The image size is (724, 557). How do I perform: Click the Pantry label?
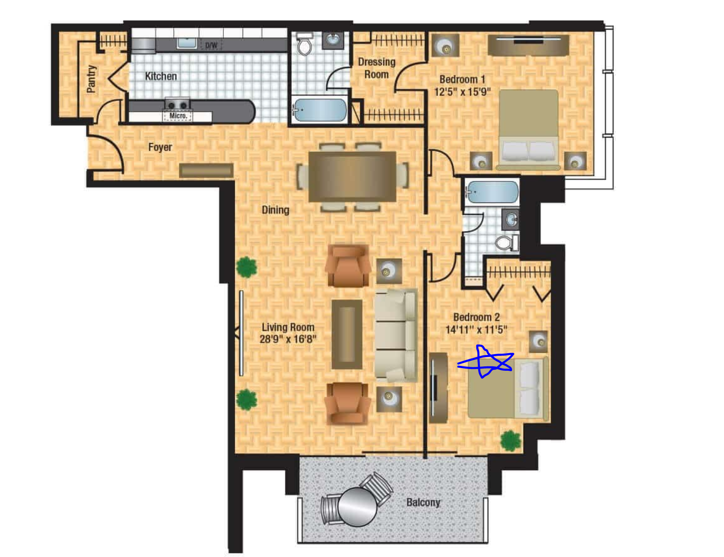91,79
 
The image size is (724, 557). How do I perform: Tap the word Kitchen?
160,76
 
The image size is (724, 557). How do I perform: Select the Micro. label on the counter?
178,116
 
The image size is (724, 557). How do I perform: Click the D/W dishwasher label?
211,45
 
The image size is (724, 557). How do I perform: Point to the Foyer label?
160,147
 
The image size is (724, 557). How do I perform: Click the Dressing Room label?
376,68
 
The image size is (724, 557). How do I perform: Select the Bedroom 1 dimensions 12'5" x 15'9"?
462,91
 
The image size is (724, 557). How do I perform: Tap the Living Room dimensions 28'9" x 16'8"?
287,339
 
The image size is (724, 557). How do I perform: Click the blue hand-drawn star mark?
485,361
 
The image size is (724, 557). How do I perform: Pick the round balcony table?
357,507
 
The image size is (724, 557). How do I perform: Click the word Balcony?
423,502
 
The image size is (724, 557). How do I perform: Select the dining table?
352,177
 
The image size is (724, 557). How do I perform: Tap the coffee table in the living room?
346,334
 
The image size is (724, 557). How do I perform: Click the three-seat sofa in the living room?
396,335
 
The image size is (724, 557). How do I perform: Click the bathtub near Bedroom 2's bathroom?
492,192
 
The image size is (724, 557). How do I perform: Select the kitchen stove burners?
177,105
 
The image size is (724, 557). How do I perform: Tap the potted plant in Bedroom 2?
510,441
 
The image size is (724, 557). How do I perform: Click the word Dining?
275,210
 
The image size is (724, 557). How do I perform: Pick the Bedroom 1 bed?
528,130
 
